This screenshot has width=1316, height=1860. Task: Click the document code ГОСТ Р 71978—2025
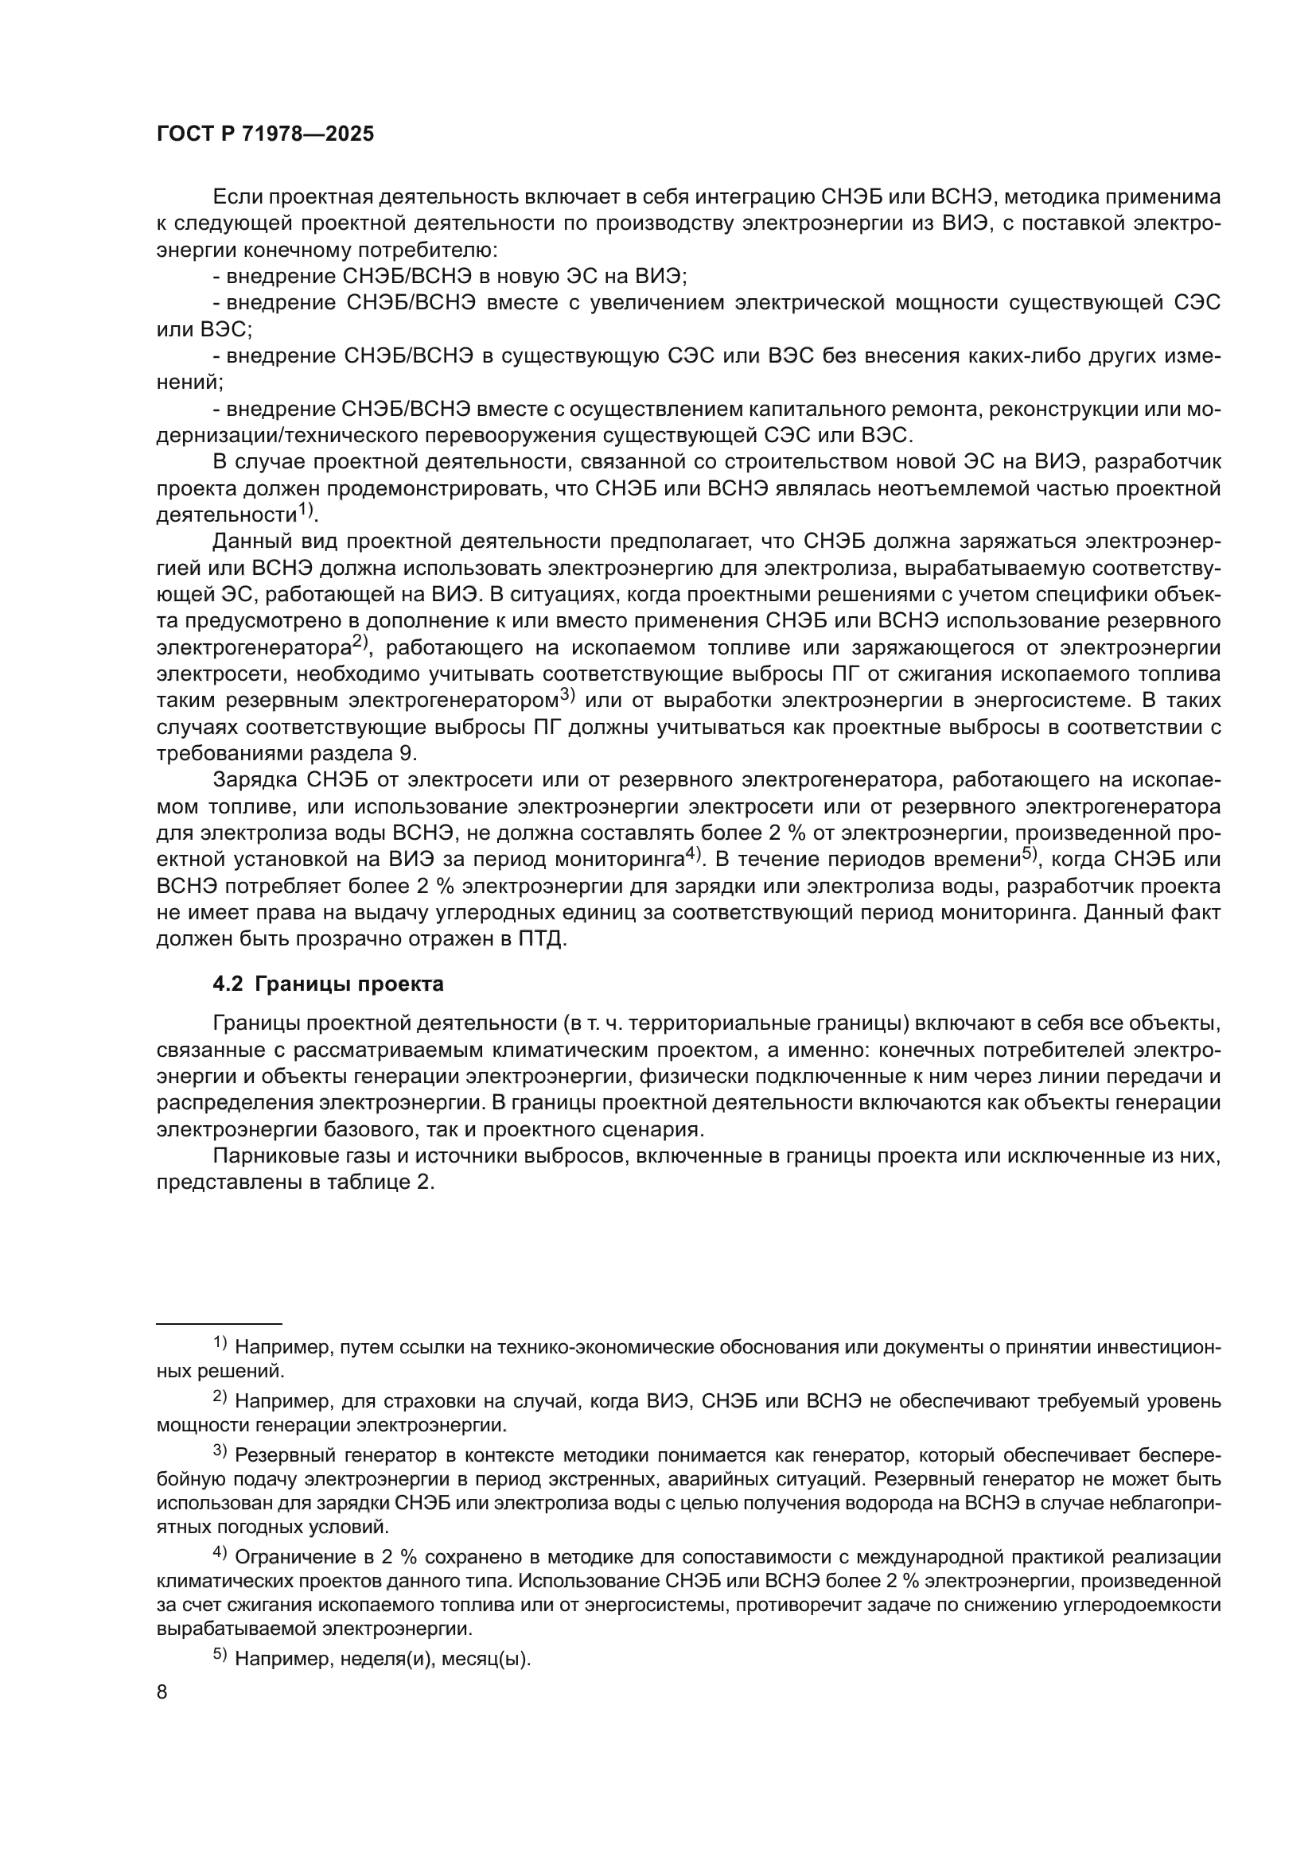[265, 134]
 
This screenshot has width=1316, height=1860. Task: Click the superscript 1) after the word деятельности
[304, 511]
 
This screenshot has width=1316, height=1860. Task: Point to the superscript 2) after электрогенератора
[360, 643]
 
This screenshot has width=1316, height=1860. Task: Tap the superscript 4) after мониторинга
[692, 855]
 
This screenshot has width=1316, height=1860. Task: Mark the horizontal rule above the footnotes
[218, 1322]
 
